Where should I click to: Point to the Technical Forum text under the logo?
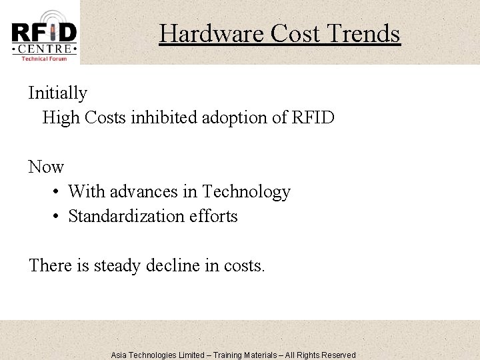point(44,59)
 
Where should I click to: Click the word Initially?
point(57,93)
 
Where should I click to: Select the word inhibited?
point(182,118)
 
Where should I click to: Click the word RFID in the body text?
point(313,118)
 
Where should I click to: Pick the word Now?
point(46,167)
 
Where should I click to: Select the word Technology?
point(247,192)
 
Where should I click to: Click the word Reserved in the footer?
point(337,355)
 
